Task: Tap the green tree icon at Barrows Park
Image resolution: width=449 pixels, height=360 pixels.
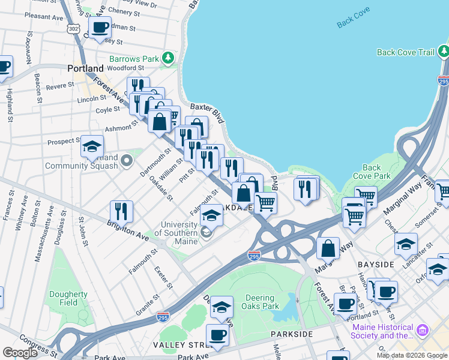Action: (169, 58)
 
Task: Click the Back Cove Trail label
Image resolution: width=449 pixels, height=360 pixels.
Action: (405, 52)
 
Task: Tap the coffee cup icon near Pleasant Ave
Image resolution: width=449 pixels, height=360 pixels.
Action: (100, 27)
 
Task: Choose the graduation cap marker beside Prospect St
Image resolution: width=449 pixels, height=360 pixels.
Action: (92, 146)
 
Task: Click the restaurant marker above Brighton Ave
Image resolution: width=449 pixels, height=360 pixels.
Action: (121, 211)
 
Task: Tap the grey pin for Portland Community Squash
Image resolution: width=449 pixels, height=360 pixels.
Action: (126, 160)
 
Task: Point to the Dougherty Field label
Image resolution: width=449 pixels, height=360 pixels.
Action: (69, 298)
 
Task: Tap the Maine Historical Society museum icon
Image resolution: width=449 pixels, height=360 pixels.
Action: (422, 329)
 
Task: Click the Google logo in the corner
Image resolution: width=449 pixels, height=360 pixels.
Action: (20, 352)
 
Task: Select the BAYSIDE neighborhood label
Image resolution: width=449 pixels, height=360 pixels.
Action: (375, 264)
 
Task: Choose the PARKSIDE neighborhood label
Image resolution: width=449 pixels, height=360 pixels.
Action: (292, 334)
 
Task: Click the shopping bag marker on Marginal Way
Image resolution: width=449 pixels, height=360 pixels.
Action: (328, 248)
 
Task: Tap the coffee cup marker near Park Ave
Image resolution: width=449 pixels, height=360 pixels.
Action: (217, 335)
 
